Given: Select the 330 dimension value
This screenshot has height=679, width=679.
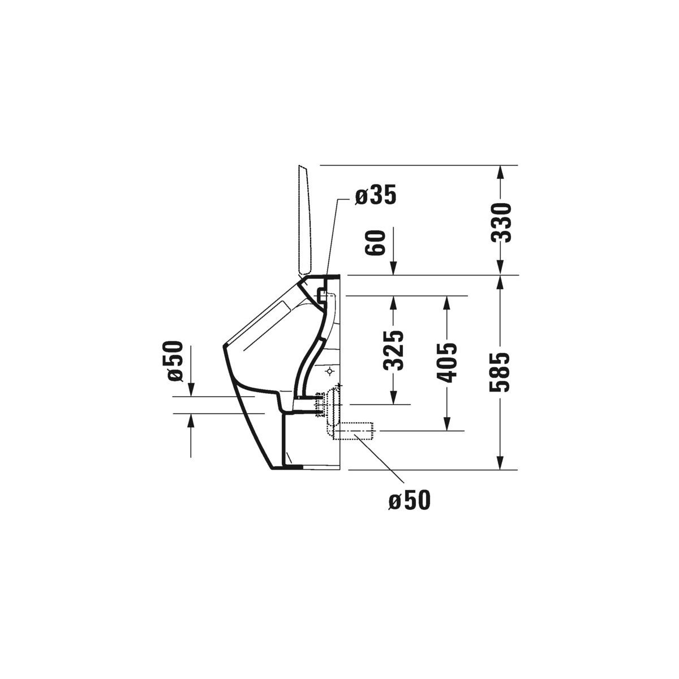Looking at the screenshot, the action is click(x=501, y=222).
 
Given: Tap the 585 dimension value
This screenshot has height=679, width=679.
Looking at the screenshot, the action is click(x=500, y=372).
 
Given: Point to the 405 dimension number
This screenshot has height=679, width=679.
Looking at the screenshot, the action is click(x=447, y=362).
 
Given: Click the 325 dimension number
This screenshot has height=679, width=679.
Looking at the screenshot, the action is click(x=393, y=351).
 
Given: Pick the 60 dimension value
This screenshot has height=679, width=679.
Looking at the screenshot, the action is click(x=375, y=242).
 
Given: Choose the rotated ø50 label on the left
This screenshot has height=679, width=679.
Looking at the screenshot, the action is click(x=175, y=361).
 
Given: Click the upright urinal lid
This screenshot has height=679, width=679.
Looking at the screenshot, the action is click(x=305, y=220).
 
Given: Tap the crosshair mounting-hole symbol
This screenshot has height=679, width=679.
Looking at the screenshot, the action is click(x=329, y=371).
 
